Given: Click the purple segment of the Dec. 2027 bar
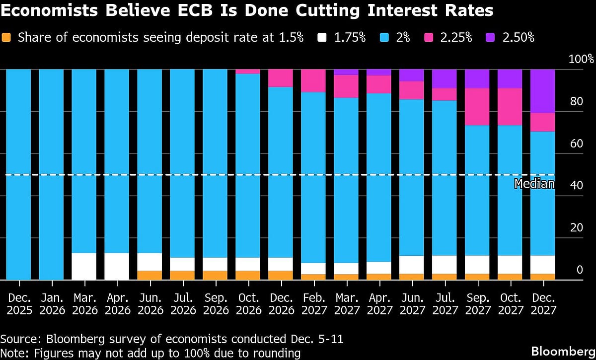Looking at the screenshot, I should point(542,91).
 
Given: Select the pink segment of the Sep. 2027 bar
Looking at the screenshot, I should point(477,107).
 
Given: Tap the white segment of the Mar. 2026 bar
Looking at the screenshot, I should point(84,267).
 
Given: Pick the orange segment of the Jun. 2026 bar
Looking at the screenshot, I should point(149,275).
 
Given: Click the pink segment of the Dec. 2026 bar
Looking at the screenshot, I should point(281,78).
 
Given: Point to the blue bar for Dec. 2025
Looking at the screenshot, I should point(18,174).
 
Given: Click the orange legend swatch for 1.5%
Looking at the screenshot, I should point(6,38).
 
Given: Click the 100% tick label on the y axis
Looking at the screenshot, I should point(581,60).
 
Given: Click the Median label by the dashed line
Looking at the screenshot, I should point(534,184).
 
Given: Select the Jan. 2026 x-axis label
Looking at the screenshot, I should point(52,303).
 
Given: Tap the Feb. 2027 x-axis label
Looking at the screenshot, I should point(313,303).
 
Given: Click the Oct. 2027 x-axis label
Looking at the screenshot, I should point(510,303).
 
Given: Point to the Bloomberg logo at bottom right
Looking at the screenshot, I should point(563,351).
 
